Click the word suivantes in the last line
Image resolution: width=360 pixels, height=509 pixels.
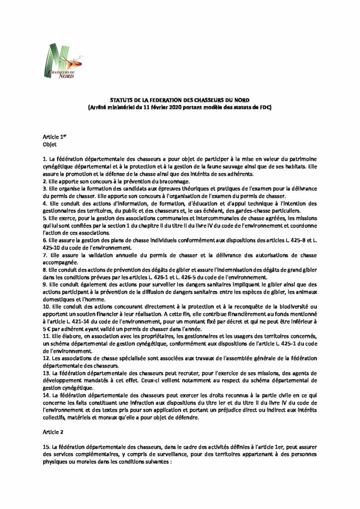point(156,462)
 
